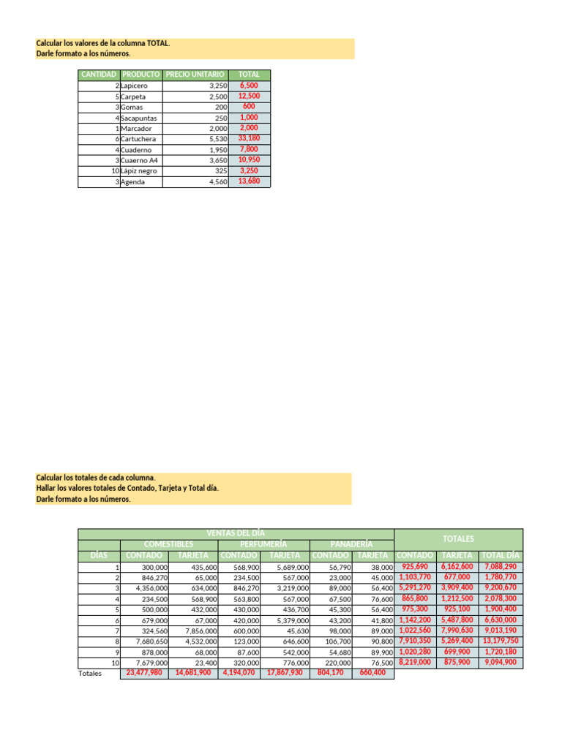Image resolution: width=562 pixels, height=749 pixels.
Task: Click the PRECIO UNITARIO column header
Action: coord(195,75)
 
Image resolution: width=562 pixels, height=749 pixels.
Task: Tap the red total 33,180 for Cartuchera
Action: coord(249,138)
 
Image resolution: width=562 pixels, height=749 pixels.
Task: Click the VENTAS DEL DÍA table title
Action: coord(236,533)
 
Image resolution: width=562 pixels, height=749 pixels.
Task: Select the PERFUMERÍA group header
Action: coord(263,544)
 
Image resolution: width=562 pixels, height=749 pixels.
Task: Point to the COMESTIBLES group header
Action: coord(169,544)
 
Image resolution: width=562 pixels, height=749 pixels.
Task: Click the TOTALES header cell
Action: coord(459,538)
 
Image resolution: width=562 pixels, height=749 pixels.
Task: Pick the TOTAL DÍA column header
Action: coord(501,555)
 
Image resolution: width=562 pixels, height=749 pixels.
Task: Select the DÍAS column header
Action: coord(99,555)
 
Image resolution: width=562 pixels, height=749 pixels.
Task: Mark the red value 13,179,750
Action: coord(501,620)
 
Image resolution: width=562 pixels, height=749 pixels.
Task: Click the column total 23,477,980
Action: coord(145,673)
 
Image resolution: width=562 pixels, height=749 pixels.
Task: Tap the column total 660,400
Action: coord(372,673)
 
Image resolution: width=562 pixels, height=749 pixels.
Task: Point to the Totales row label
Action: coord(91,673)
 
